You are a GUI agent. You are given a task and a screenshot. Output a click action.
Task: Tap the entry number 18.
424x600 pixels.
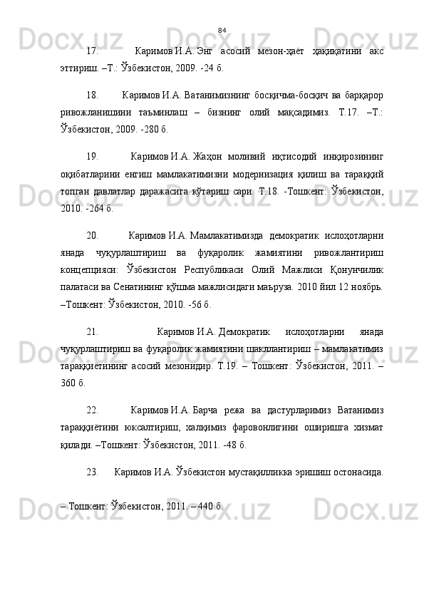pyautogui.click(x=91, y=94)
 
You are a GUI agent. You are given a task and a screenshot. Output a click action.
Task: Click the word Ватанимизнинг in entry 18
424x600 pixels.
pyautogui.click(x=212, y=94)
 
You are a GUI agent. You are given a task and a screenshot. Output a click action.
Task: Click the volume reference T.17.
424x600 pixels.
pyautogui.click(x=326, y=114)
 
